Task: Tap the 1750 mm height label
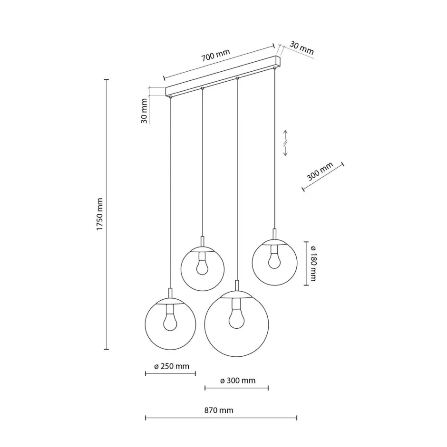(100, 215)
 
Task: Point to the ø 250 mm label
(172, 366)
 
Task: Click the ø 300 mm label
(238, 380)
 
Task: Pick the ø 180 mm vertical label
(313, 264)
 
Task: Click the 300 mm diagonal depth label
(320, 173)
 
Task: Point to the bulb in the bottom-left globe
(170, 321)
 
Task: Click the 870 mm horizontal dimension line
(221, 418)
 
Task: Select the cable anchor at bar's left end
(170, 97)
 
